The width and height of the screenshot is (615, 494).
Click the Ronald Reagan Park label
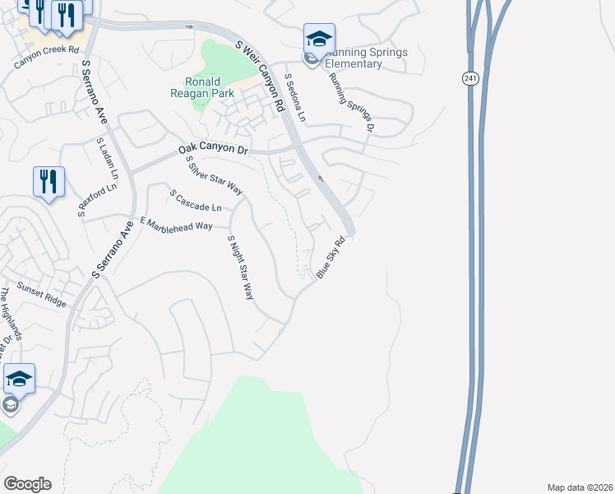[x=202, y=87]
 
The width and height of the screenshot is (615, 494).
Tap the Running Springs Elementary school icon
[x=319, y=39]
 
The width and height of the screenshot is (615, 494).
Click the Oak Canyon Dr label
[x=213, y=151]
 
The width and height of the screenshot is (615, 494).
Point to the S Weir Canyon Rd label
[x=259, y=75]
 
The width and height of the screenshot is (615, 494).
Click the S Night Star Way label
[x=240, y=267]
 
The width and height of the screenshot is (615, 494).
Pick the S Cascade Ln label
[x=196, y=200]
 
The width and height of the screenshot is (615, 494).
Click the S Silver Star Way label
[x=214, y=175]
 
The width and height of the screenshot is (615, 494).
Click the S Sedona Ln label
[x=294, y=98]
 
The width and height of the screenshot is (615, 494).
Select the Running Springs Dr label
[x=352, y=102]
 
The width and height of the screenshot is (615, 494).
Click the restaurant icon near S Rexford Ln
[x=49, y=180]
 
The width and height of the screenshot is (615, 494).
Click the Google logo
[x=27, y=484]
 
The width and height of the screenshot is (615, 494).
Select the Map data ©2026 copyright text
[x=580, y=487]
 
